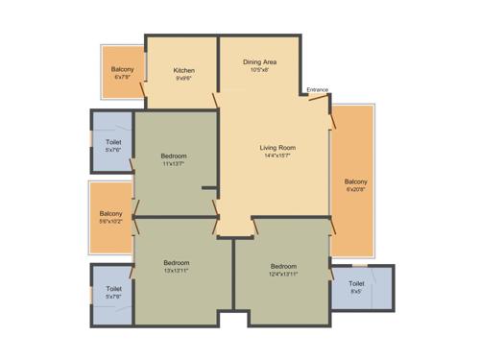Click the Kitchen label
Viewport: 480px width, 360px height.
184,70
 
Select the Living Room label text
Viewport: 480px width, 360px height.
277,147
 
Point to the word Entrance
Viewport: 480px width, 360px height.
318,90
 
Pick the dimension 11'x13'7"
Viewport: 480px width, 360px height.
174,163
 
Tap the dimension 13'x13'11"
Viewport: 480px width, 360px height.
176,272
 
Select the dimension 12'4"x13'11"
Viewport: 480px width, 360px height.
283,275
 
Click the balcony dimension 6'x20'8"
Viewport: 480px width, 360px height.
356,190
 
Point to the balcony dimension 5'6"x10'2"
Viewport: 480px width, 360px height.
111,222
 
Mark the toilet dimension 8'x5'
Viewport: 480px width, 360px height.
356,292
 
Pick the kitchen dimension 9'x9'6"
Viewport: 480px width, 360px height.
184,79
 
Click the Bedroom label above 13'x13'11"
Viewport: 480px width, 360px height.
176,263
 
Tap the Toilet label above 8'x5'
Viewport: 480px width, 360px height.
356,283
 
